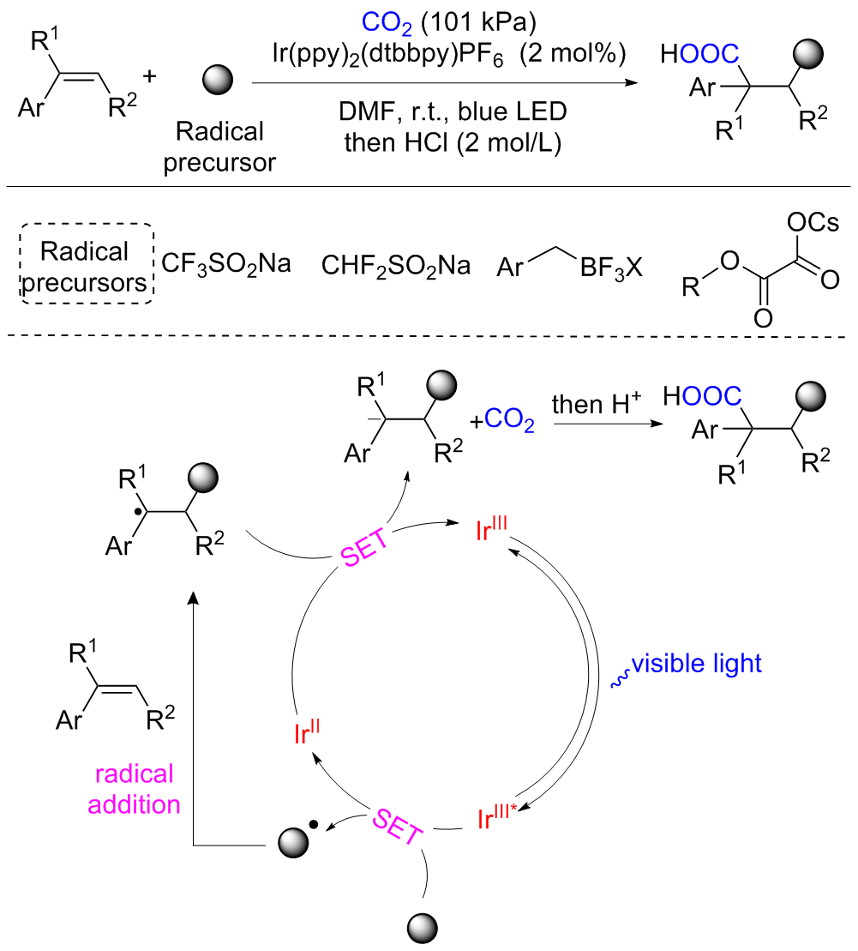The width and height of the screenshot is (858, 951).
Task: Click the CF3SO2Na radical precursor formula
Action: tap(226, 264)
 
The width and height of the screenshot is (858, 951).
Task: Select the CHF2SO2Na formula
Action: tap(396, 264)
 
